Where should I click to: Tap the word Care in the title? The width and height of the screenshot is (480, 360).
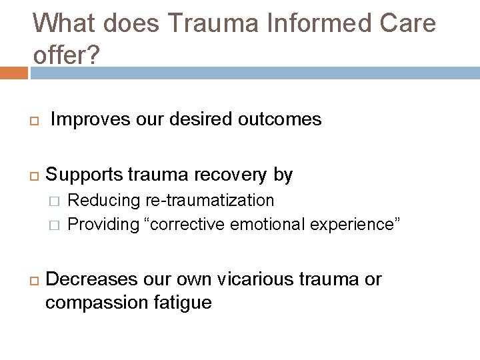[407, 23]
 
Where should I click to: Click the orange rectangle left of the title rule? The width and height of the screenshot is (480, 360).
[13, 73]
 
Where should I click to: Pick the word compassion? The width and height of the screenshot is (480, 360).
[97, 303]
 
